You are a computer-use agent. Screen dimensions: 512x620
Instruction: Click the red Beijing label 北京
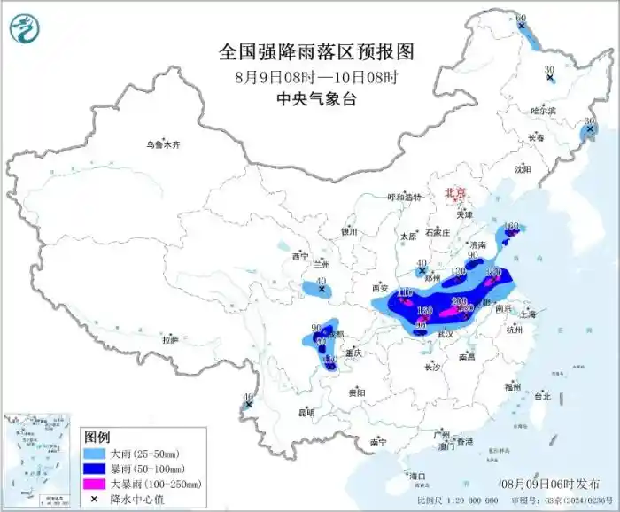(x=454, y=191)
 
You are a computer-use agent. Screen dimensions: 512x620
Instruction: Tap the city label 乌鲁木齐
(x=163, y=144)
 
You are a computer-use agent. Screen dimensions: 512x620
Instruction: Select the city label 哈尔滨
(x=543, y=111)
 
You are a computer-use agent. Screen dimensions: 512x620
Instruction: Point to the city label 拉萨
(x=170, y=339)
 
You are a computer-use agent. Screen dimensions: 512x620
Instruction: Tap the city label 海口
(x=417, y=477)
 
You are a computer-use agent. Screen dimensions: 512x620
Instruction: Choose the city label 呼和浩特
(x=405, y=198)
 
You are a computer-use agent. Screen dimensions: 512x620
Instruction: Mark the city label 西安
(x=381, y=288)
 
